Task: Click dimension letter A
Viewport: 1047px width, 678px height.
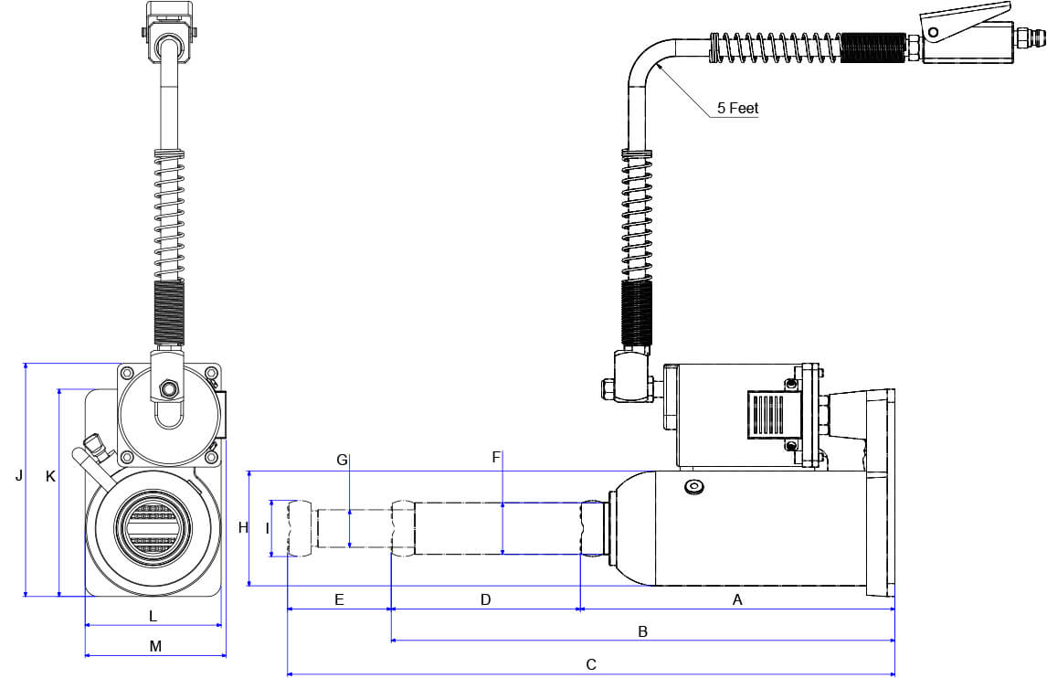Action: [737, 600]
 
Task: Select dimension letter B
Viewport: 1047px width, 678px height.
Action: [642, 631]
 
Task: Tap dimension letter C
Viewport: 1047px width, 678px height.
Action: [591, 664]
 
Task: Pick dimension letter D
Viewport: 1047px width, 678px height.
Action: [486, 600]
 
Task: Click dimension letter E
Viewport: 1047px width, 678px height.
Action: [339, 600]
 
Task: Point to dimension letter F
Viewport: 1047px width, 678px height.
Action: [497, 458]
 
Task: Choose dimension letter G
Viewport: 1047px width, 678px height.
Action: [342, 461]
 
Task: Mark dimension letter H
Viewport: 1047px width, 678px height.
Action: [243, 528]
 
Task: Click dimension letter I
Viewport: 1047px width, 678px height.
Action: [267, 528]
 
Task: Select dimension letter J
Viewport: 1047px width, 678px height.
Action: [18, 476]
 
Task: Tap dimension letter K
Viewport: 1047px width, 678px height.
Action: [50, 476]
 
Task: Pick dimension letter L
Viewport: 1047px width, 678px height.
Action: [153, 616]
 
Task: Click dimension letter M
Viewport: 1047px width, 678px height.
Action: [155, 646]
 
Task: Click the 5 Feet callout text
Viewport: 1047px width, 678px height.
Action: [737, 108]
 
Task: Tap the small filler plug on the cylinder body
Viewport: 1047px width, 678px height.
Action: [694, 487]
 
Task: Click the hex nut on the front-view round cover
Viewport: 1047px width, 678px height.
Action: [167, 388]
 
